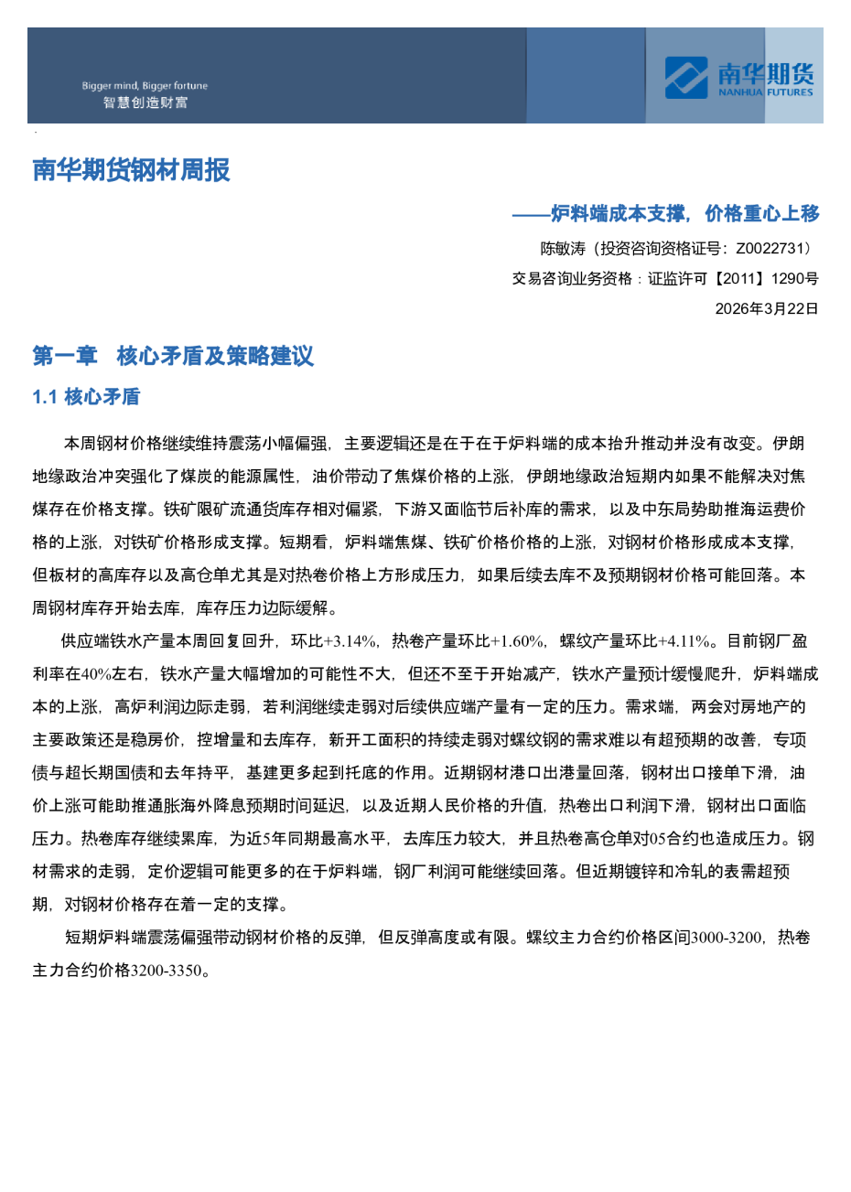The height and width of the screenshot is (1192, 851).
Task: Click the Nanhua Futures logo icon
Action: click(x=686, y=77)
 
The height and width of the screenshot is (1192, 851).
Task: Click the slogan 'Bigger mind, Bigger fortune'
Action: click(x=145, y=86)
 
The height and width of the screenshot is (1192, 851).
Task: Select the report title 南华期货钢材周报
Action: click(x=131, y=170)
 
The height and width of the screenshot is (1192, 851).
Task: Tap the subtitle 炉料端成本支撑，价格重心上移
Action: click(x=684, y=214)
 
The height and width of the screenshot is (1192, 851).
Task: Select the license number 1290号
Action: click(x=794, y=279)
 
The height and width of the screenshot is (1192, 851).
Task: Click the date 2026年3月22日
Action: click(x=767, y=308)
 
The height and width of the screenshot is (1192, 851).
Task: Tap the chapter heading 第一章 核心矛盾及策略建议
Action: click(x=173, y=356)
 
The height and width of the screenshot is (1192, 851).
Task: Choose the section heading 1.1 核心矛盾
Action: click(x=86, y=397)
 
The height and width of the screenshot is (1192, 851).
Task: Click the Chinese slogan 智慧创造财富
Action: click(x=145, y=102)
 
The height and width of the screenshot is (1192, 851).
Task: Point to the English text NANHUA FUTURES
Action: click(x=765, y=92)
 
